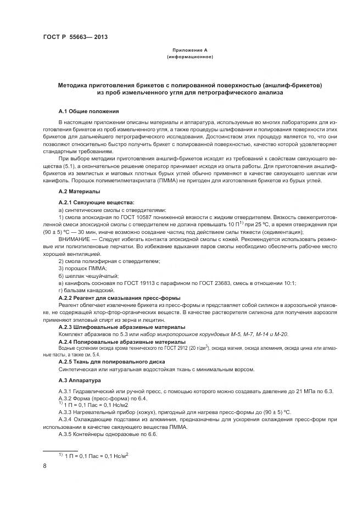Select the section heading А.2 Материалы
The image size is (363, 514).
(79, 192)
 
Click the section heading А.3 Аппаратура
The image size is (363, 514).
(80, 380)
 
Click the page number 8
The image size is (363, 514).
(44, 466)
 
